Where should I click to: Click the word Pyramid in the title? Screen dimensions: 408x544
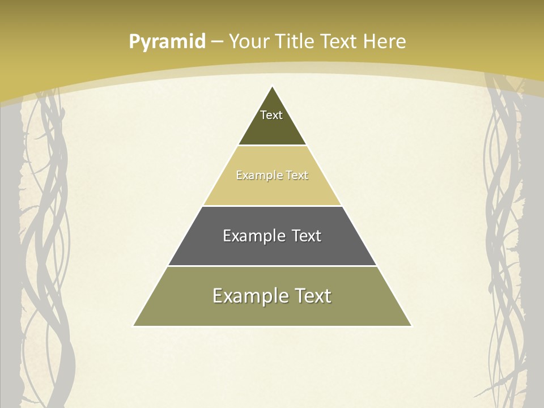tap(167, 42)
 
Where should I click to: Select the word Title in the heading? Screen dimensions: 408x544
tap(295, 41)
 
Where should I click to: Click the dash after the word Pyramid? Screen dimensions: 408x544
tap(217, 42)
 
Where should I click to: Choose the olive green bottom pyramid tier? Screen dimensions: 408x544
tap(272, 312)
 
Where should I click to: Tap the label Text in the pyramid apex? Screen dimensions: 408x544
tap(271, 115)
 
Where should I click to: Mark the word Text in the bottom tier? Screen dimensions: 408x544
tap(313, 296)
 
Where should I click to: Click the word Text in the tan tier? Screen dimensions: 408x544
tap(297, 176)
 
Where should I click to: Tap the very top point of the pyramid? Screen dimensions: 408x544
tap(273, 87)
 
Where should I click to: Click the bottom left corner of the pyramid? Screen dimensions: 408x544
tap(134, 325)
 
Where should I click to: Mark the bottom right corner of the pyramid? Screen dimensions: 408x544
tap(411, 325)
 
